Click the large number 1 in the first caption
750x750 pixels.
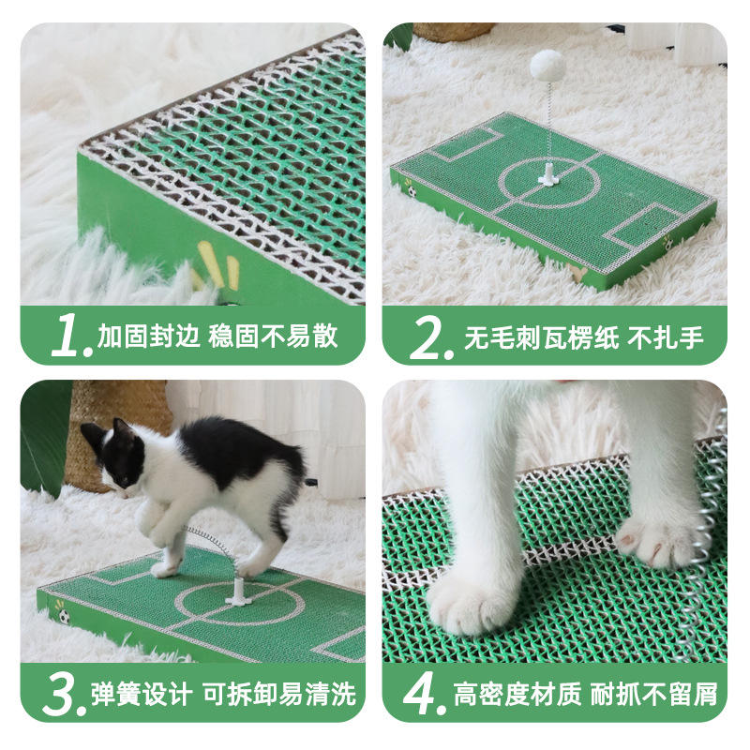point(66,335)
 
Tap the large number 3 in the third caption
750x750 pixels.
point(61,695)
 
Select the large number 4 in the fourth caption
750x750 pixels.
point(421,694)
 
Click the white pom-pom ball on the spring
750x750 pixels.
point(547,66)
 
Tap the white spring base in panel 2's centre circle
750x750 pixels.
point(547,174)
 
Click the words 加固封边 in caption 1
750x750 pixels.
point(148,336)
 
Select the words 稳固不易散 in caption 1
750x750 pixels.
point(273,336)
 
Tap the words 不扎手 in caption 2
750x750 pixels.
point(666,337)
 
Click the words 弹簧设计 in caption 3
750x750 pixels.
point(142,695)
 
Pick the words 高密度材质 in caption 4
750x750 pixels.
point(517,695)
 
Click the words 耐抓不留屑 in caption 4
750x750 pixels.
point(653,695)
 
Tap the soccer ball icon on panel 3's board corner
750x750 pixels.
point(63,616)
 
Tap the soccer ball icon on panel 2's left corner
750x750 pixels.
point(412,191)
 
